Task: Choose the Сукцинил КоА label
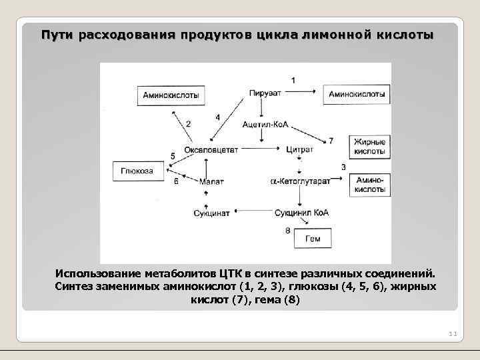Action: coord(301,213)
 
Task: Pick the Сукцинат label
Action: coord(211,213)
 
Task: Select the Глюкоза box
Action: coord(137,171)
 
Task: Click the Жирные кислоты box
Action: coord(369,147)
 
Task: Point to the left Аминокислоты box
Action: coord(171,95)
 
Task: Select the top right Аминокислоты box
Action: coord(357,95)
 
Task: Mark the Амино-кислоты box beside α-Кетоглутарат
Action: coord(369,185)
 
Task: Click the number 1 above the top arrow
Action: coord(294,80)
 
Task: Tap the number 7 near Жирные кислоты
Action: coord(331,141)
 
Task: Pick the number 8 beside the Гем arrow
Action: coord(287,231)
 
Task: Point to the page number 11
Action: coord(451,333)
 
